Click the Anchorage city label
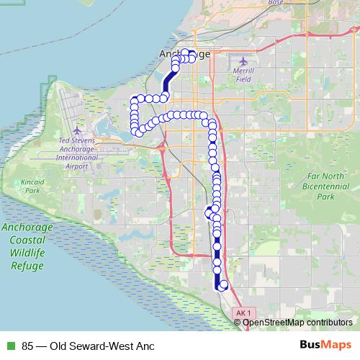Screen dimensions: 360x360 (184, 54)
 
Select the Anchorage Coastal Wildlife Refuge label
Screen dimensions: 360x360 (27, 246)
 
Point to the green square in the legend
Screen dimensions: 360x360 (9, 345)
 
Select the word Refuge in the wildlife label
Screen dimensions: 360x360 (27, 266)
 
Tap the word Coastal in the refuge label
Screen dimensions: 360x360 (28, 240)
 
